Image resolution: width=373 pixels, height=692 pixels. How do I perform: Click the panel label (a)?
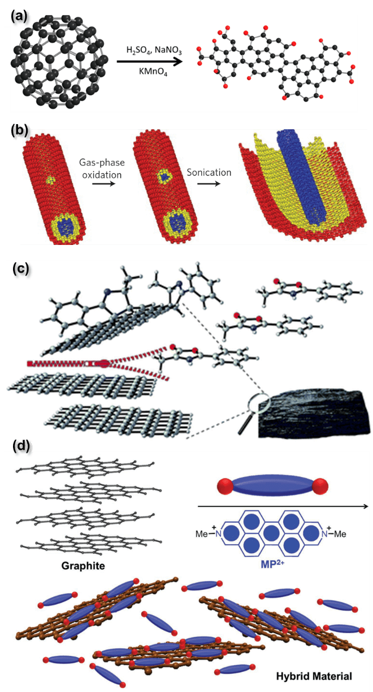point(19,17)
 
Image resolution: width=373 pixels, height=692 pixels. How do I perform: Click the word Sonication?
point(211,172)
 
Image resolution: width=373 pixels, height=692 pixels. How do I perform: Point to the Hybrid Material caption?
point(315,675)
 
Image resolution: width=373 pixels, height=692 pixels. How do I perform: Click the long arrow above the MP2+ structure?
point(283,507)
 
